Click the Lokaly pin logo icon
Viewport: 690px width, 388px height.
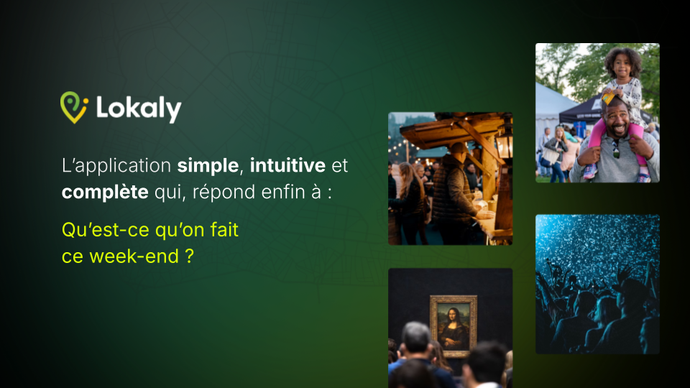pyautogui.click(x=74, y=107)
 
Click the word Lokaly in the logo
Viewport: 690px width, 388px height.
pyautogui.click(x=139, y=108)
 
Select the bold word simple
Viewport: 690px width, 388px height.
pyautogui.click(x=208, y=166)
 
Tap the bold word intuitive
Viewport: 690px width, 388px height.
pyautogui.click(x=287, y=165)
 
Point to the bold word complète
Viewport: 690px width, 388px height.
pyautogui.click(x=105, y=193)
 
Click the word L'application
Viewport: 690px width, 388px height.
pyautogui.click(x=116, y=166)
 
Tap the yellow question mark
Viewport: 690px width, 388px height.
pyautogui.click(x=189, y=256)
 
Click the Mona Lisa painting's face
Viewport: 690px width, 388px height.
pyautogui.click(x=453, y=316)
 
